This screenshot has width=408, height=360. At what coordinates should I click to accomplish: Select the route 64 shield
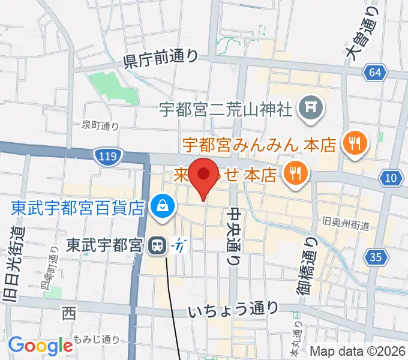374,73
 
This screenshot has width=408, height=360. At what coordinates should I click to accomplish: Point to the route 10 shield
391,178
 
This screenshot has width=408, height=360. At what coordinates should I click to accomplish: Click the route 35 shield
376,258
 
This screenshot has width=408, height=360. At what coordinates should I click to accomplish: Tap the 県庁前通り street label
160,58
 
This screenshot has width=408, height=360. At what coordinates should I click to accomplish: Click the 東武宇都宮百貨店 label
79,208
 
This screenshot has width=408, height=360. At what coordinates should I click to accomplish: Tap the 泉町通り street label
100,125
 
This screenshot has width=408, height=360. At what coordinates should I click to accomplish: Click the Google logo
40,346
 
